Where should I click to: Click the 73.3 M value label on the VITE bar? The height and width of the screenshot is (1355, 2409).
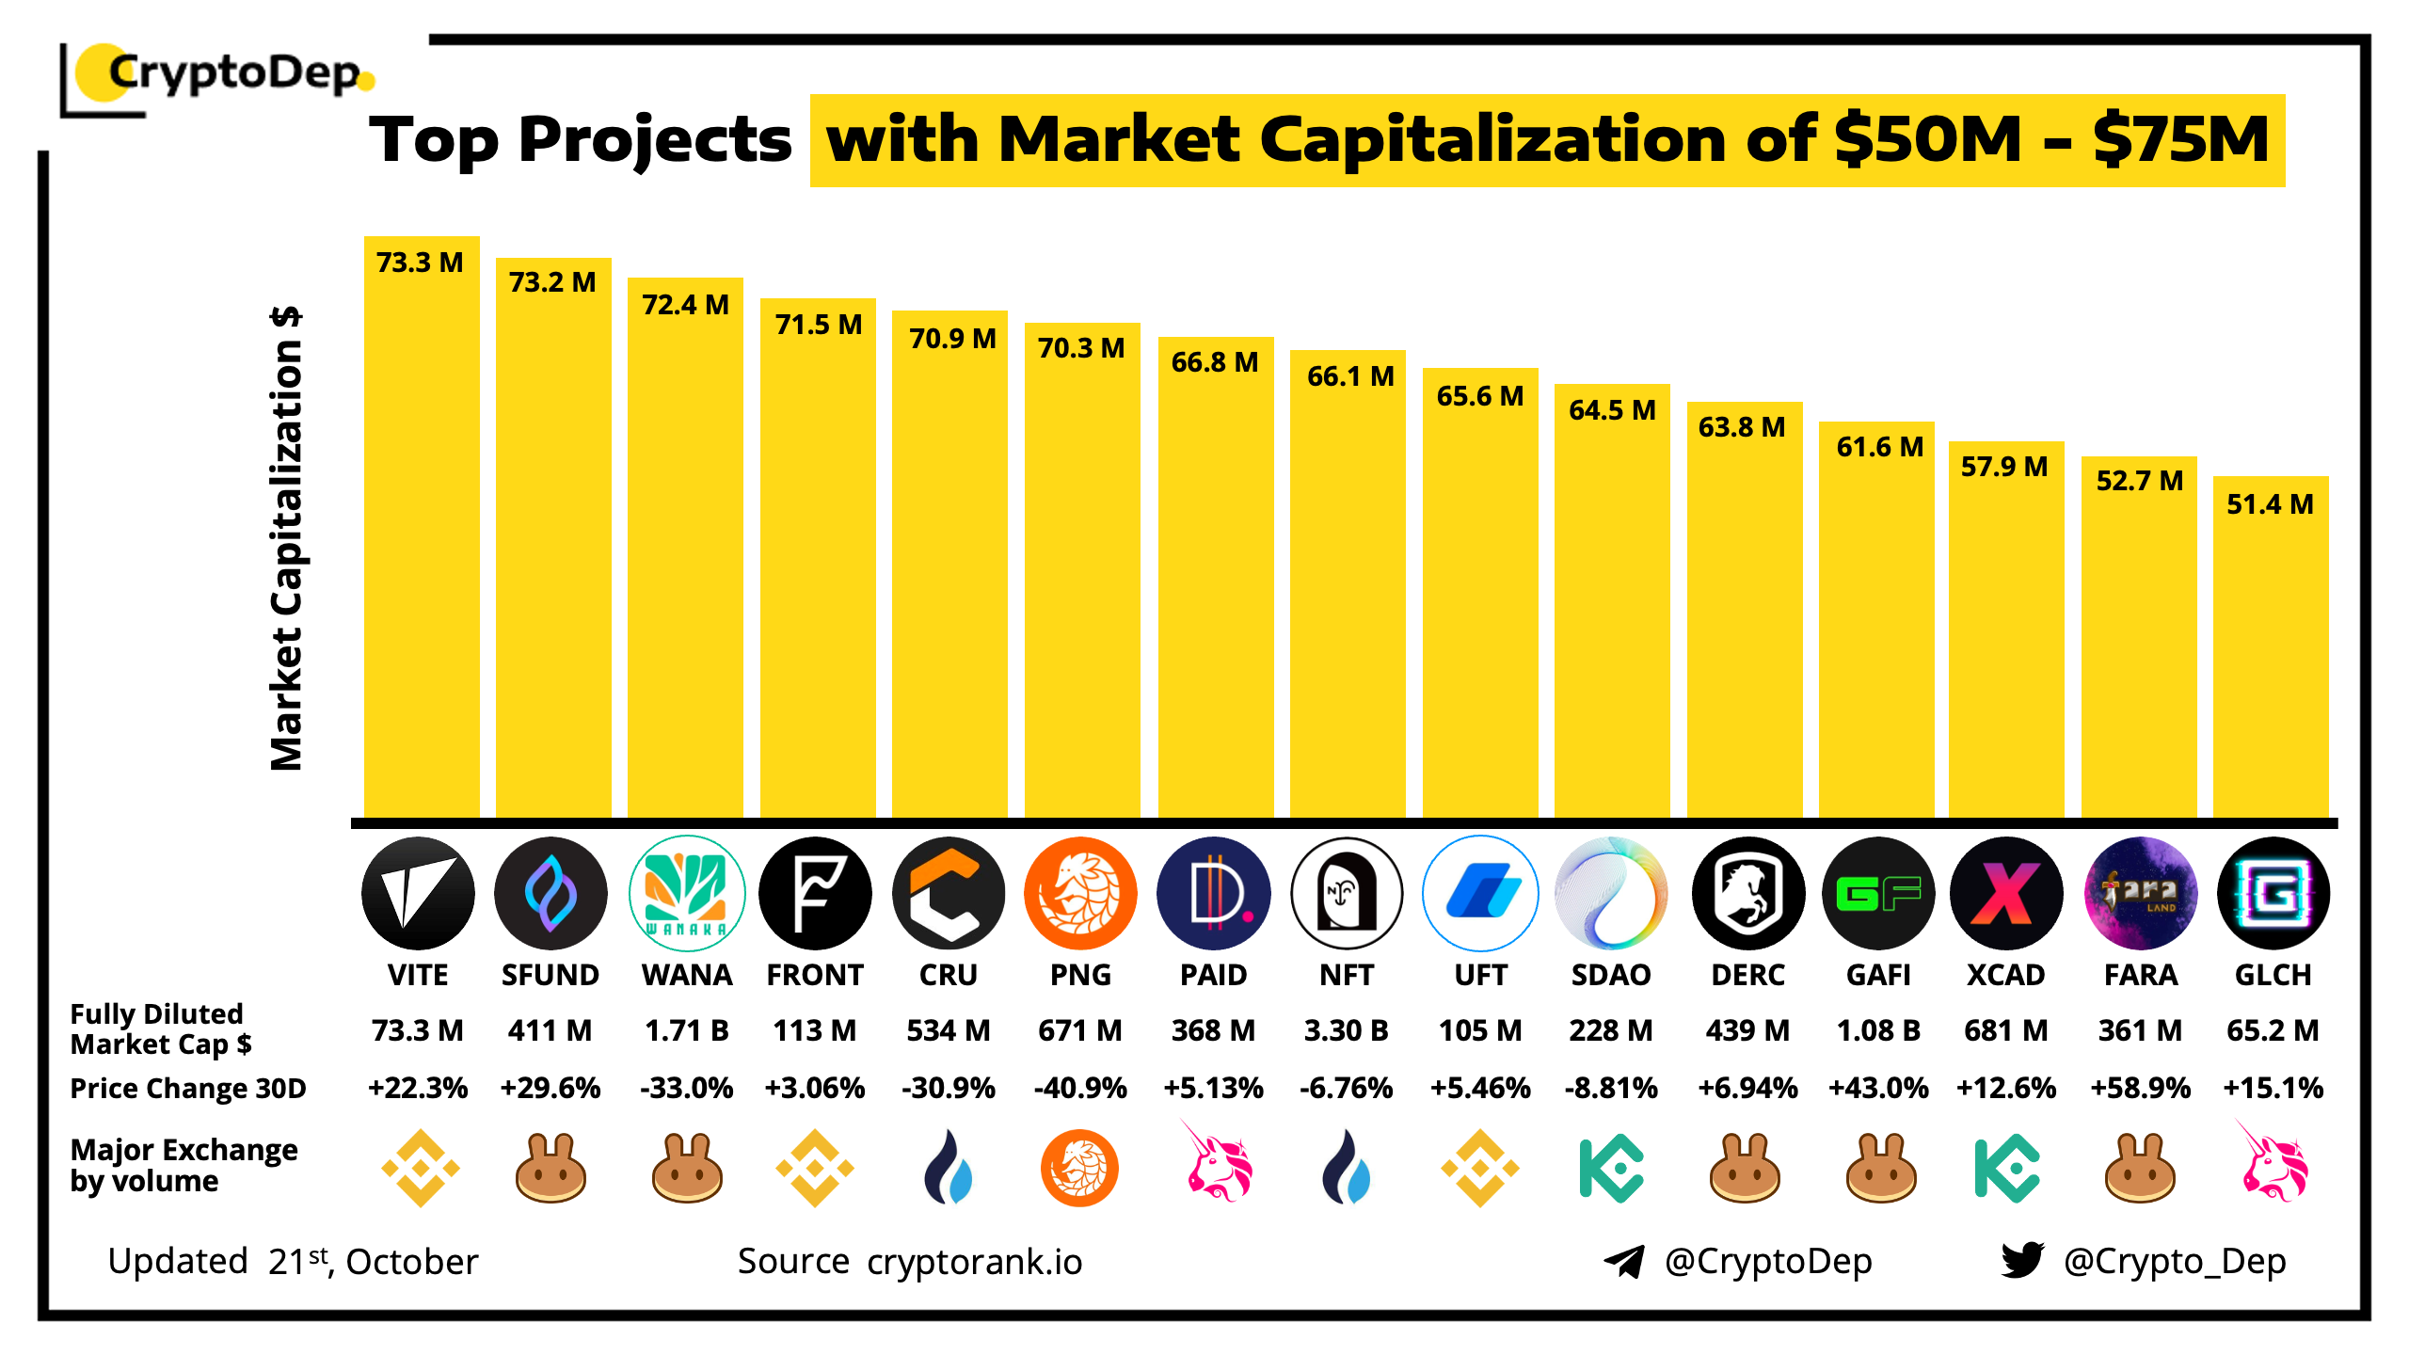420,263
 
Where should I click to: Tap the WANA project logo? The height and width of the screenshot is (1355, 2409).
686,893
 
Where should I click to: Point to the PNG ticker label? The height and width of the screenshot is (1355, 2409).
1080,975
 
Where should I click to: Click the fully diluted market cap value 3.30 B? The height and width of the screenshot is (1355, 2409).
1346,1030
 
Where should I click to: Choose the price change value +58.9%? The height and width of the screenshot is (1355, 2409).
2140,1088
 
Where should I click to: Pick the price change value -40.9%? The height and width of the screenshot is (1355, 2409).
1080,1088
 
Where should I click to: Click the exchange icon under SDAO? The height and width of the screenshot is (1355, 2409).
1611,1169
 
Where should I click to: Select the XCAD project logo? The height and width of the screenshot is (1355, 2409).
2005,893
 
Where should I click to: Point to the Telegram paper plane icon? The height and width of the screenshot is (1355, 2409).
1624,1261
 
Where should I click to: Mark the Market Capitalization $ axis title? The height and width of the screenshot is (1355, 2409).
286,538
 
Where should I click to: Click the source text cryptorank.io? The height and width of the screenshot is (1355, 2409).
974,1262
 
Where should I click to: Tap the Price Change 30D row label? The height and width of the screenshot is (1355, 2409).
188,1088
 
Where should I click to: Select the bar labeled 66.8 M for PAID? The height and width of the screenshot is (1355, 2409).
1215,583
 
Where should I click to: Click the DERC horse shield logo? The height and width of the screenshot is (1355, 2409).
1747,893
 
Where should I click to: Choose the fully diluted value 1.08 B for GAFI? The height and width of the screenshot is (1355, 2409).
1878,1030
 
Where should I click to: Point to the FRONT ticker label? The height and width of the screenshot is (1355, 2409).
815,975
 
